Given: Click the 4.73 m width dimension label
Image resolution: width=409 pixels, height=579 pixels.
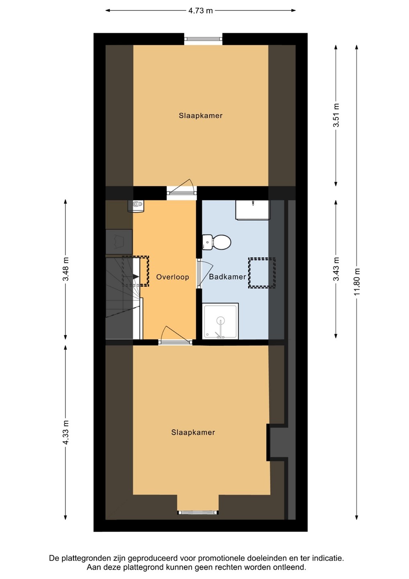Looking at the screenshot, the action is point(200,10).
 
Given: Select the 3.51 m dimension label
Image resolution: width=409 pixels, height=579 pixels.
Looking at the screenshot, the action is point(335,115).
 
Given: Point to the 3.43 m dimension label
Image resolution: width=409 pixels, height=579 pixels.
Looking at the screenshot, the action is point(335,269).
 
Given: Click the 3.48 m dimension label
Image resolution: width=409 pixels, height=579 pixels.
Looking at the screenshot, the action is point(65,269).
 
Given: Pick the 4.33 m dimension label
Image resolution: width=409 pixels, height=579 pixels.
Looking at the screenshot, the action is point(65,433).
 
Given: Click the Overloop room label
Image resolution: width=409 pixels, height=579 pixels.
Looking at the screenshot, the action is point(172,277).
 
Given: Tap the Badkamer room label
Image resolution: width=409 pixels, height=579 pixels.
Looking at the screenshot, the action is point(227,277).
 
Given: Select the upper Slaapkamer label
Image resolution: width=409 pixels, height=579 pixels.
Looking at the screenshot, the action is point(200,115).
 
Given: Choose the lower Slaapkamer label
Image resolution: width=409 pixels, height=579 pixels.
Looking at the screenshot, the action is point(193,432).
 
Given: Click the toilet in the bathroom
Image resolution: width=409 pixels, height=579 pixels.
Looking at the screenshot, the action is point(217,242).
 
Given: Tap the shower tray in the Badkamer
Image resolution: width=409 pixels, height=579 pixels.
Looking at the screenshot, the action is point(220,321).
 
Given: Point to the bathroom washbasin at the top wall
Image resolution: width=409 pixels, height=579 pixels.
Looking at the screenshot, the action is point(252,210).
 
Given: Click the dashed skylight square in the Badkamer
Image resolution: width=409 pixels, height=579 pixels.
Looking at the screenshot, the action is point(262,273).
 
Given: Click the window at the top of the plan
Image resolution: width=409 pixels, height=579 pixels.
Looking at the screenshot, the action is point(203,39).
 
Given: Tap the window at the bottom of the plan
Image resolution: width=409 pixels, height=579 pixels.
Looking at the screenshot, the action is point(198,512).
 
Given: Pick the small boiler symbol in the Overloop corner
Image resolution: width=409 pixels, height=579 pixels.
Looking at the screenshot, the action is point(135,206).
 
